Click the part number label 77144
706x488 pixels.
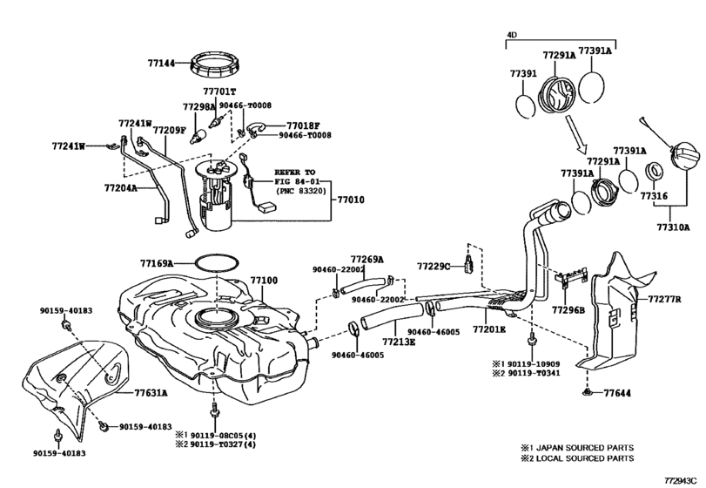[x=161, y=64]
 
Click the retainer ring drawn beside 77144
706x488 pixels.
[x=216, y=57]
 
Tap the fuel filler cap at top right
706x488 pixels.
[x=684, y=155]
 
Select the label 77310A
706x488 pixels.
[x=673, y=227]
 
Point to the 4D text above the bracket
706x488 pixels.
[x=512, y=35]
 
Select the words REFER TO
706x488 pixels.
[x=295, y=173]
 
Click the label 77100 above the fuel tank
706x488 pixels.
[x=265, y=281]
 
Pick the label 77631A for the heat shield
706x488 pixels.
[x=151, y=393]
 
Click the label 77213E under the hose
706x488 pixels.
[x=399, y=342]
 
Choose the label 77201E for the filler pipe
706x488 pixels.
[x=489, y=330]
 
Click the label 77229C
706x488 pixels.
[x=434, y=267]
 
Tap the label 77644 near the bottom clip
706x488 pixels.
[x=617, y=393]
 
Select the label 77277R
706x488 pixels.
[x=664, y=299]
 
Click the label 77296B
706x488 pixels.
[x=568, y=310]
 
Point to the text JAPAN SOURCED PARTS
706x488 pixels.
[x=585, y=448]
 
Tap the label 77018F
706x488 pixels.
[x=303, y=125]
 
